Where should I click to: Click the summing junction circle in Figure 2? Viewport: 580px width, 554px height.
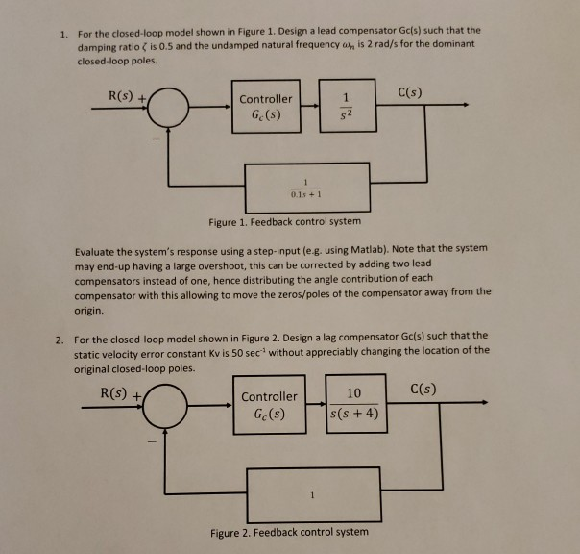[x=172, y=405]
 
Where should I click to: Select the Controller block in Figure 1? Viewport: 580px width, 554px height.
[x=266, y=107]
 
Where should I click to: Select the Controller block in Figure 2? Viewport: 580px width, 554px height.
[x=269, y=406]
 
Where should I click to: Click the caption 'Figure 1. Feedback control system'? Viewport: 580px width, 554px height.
[x=286, y=223]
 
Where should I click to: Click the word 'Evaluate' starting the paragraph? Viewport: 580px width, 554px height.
[x=99, y=248]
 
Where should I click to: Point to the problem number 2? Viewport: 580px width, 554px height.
[x=59, y=338]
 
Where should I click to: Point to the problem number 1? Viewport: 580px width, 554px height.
[x=59, y=32]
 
